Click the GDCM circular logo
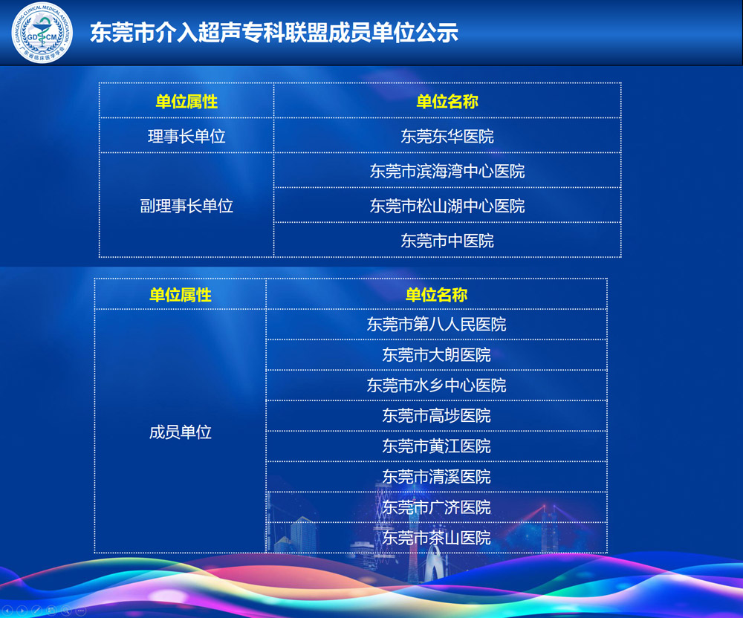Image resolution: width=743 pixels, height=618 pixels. [x=42, y=32]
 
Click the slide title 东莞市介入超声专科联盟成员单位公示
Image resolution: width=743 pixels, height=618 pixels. [x=274, y=33]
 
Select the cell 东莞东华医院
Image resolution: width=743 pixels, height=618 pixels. [x=447, y=137]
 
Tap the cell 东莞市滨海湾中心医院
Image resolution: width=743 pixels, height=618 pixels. [x=447, y=171]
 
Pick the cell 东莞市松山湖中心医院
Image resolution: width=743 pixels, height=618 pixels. [x=447, y=206]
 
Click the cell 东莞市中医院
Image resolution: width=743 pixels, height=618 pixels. [x=447, y=241]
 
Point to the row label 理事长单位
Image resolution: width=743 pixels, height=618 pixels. [x=186, y=137]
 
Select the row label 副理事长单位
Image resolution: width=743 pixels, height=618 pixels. [x=186, y=206]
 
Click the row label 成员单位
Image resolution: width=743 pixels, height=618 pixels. [x=181, y=432]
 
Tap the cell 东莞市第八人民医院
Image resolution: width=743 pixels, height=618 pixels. [x=436, y=325]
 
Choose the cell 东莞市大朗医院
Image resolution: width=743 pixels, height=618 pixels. [x=436, y=355]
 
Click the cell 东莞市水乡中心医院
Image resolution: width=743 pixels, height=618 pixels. [x=436, y=386]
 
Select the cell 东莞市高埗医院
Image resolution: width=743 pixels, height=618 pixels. [x=436, y=416]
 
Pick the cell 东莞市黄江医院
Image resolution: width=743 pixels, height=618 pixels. [x=436, y=446]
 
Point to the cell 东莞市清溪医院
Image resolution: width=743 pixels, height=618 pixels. [x=436, y=477]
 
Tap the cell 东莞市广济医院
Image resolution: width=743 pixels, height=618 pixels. [x=436, y=507]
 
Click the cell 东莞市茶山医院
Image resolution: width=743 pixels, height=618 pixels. [x=436, y=538]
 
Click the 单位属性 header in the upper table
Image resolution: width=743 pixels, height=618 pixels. [x=186, y=101]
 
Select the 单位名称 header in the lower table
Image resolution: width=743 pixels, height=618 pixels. [x=436, y=295]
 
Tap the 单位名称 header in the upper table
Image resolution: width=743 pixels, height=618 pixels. [x=447, y=101]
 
